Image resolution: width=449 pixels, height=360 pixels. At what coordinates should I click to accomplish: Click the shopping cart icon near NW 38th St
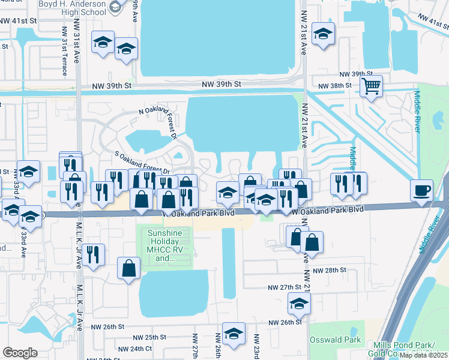372,86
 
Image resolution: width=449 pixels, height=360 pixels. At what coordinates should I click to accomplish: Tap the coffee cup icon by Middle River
421,190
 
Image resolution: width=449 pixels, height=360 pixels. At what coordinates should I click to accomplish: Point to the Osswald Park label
335,340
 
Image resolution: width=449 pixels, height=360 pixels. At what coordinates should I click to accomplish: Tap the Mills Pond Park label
411,345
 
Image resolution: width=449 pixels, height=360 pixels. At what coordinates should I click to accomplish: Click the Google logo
20,352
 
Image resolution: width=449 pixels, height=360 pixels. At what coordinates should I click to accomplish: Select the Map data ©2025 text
423,355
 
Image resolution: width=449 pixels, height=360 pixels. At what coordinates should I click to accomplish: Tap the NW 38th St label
334,86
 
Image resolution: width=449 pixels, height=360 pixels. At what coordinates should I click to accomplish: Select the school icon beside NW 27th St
299,304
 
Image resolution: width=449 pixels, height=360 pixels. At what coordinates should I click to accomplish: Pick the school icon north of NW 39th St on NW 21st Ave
323,34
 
